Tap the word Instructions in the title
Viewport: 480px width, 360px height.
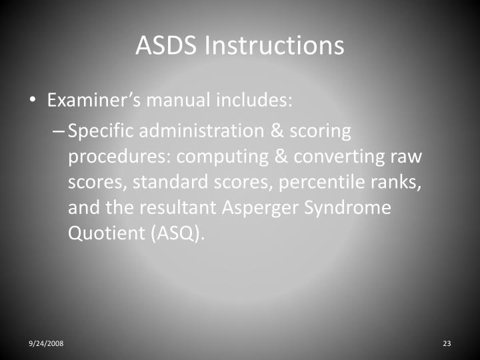click(275, 45)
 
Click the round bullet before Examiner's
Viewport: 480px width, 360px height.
click(33, 102)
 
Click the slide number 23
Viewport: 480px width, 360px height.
click(447, 343)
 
